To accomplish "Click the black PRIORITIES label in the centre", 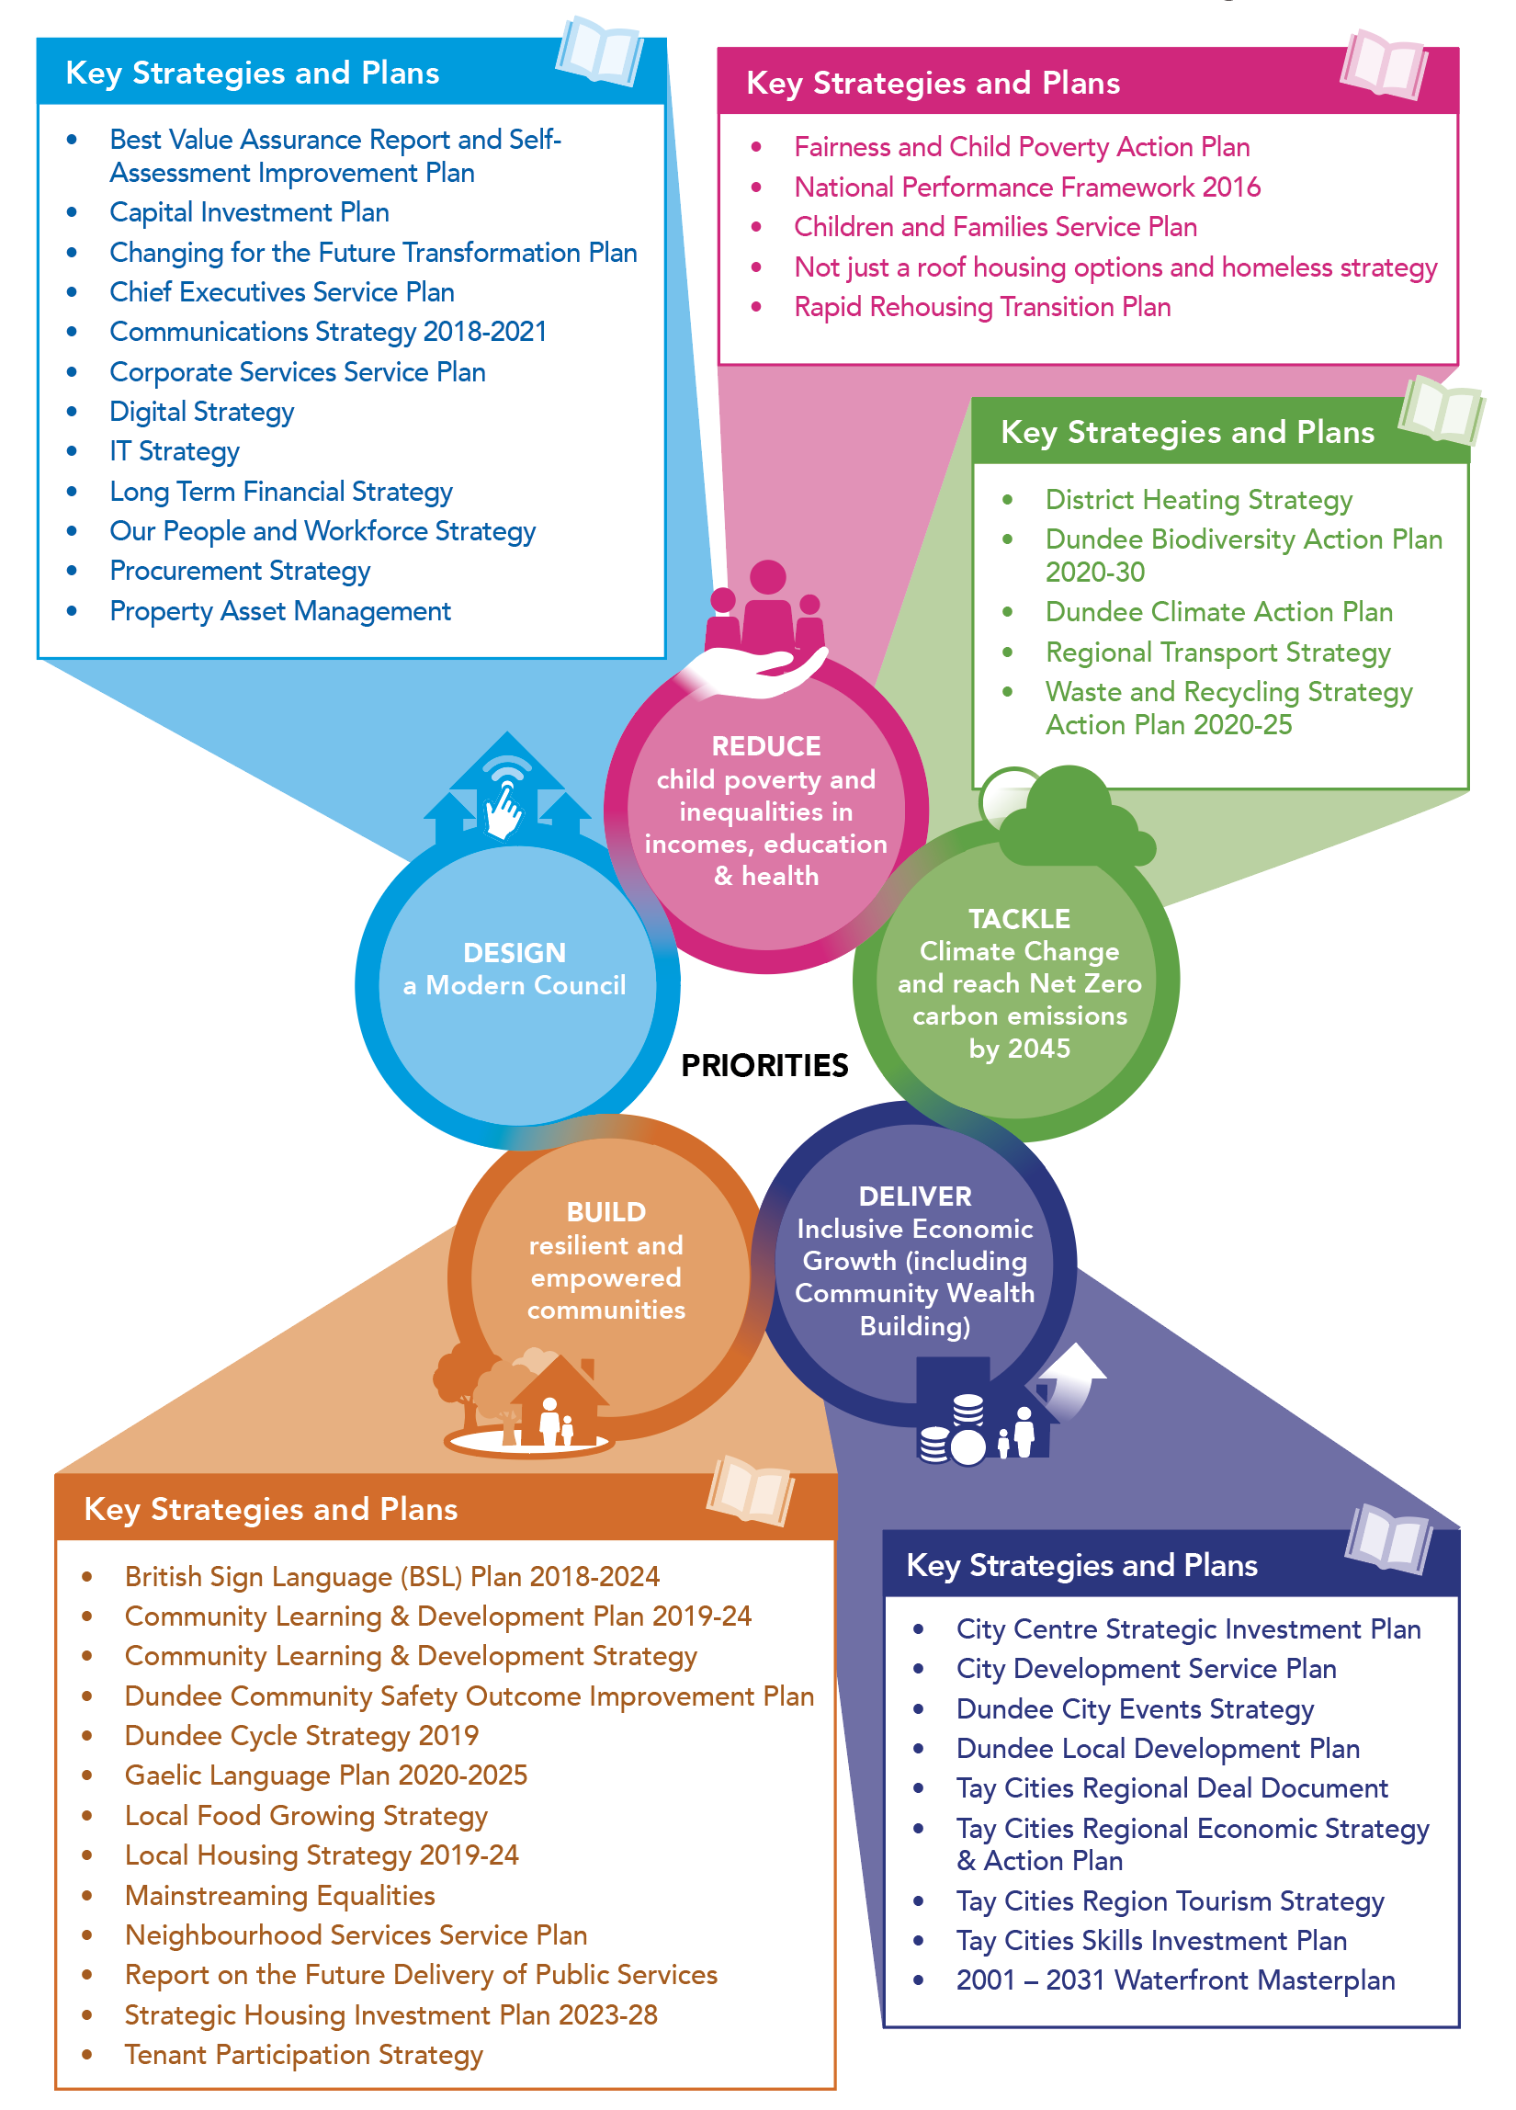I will (764, 1065).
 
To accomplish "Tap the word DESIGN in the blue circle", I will (515, 953).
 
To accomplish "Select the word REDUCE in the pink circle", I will (765, 746).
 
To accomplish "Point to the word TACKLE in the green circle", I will (1018, 918).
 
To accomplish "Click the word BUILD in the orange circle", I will (605, 1212).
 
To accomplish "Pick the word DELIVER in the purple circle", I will (914, 1197).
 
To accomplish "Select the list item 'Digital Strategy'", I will (202, 411).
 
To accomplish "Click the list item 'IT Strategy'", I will (174, 451).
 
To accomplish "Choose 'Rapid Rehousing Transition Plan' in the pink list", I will (981, 307).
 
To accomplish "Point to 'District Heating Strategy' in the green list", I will (1198, 500).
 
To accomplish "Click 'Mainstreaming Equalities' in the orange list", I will (279, 1895).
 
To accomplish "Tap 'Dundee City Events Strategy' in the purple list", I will (1134, 1709).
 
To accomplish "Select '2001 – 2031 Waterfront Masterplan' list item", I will (1174, 1980).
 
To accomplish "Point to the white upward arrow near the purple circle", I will (1074, 1378).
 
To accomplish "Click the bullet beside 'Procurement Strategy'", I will (72, 571).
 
